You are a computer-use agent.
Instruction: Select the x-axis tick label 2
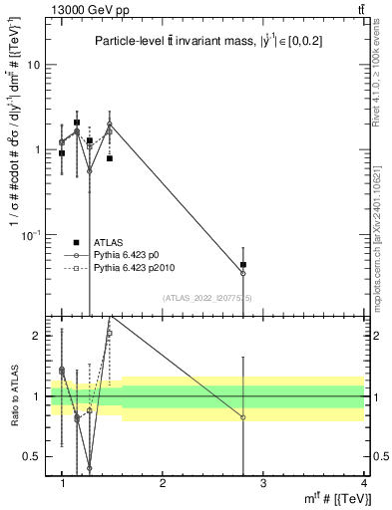tap(163, 483)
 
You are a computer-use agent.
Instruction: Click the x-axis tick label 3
tap(263, 483)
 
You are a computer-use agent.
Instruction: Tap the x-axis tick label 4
tap(363, 483)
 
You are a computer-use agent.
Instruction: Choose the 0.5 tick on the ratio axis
tap(35, 456)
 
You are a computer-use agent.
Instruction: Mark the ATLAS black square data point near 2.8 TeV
tap(243, 265)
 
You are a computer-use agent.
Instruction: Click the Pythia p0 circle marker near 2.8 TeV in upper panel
tap(243, 273)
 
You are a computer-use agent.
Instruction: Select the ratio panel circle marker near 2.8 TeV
tap(243, 417)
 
